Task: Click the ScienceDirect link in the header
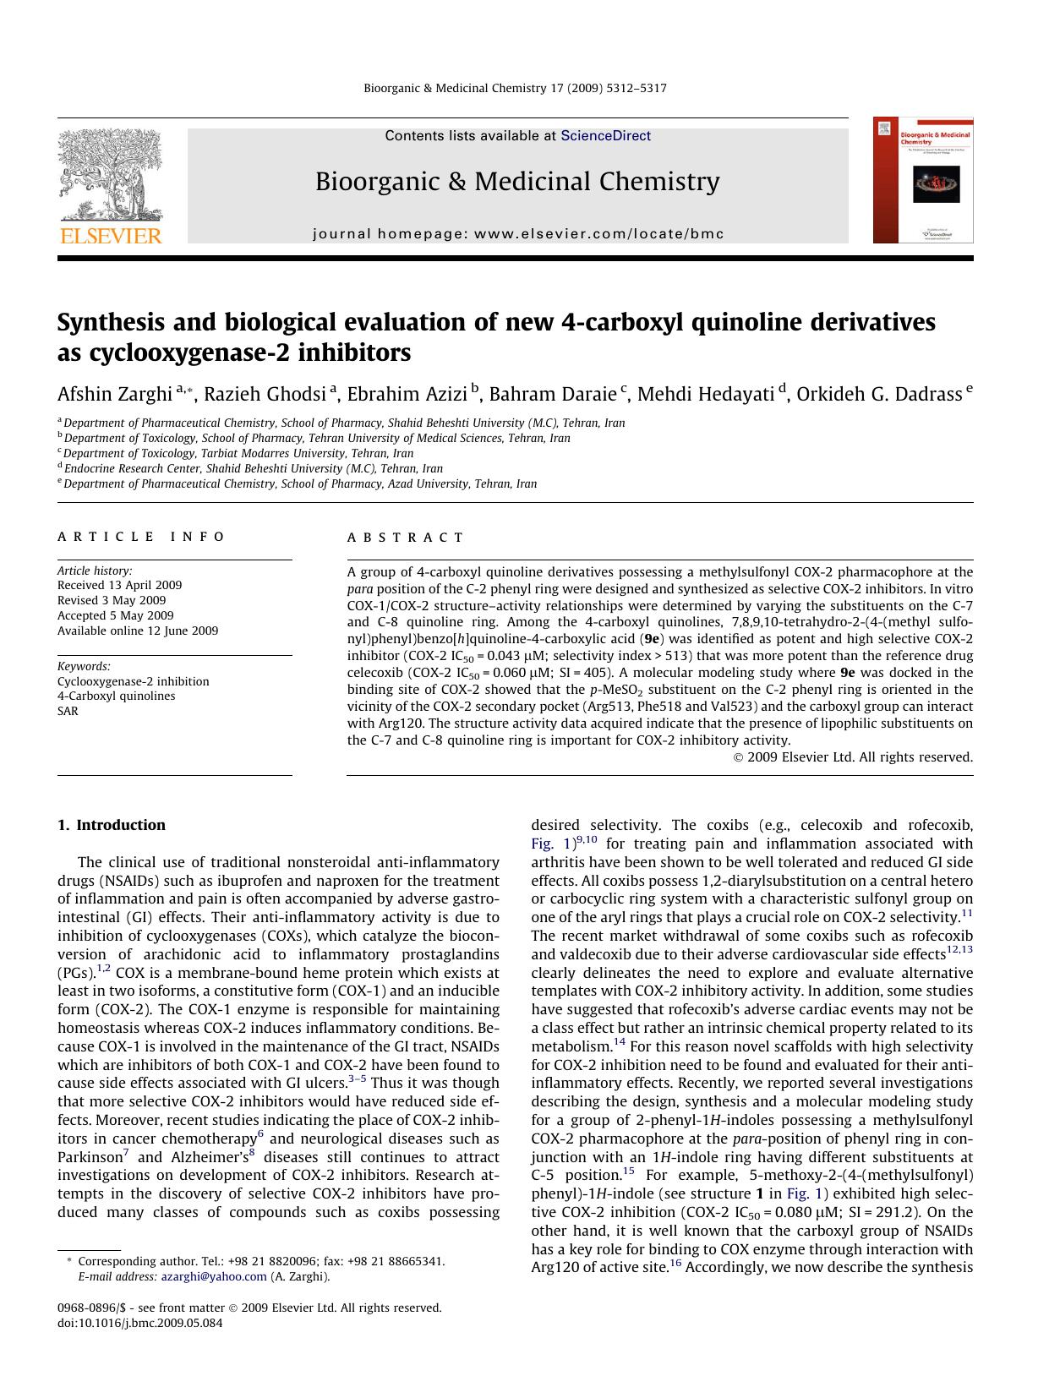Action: [x=605, y=135]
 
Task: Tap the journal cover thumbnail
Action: [x=923, y=180]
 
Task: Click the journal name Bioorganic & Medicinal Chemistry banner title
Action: [x=517, y=182]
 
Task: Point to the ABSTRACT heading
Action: [x=405, y=538]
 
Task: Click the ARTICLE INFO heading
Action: [x=141, y=537]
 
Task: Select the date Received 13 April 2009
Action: [x=119, y=585]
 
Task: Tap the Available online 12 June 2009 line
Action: [x=138, y=631]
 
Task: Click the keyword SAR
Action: [x=68, y=711]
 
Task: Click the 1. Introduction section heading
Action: [x=112, y=825]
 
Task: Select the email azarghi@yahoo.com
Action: [x=214, y=1276]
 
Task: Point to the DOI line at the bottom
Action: [x=139, y=1323]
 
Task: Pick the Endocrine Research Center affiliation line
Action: [x=253, y=468]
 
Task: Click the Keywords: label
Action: [x=84, y=666]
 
